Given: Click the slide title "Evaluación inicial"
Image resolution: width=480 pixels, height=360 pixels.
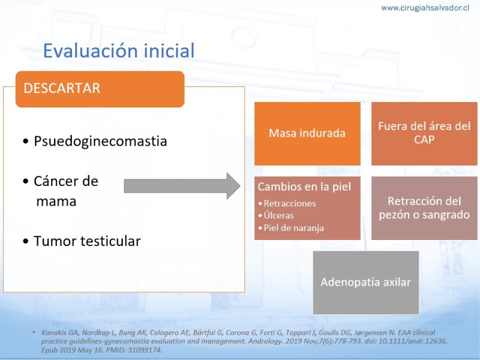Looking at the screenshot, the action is pos(119,50).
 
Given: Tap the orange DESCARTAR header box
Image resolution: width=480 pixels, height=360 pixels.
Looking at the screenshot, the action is pos(100,89).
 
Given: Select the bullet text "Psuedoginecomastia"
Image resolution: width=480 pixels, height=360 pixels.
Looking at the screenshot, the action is pos(100,142).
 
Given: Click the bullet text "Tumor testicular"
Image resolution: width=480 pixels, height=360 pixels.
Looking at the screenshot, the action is pos(87,241).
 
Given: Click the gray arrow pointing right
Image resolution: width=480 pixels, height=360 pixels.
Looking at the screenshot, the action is pos(182,186).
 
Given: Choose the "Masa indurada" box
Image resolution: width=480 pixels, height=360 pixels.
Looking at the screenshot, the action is pos(307,133).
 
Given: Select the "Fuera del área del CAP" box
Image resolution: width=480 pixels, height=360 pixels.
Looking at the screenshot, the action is pos(424,133).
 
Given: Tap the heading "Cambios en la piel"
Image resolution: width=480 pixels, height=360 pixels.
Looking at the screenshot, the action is pos(304,187).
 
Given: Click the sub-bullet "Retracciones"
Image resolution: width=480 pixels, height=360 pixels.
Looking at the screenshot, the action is pos(290,203).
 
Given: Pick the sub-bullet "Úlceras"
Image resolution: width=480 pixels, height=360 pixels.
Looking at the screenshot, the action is pos(278,215).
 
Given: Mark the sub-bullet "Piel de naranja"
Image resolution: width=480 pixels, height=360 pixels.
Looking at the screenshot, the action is pos(293,228).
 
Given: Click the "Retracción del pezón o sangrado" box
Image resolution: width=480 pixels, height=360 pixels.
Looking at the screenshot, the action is pos(424,208).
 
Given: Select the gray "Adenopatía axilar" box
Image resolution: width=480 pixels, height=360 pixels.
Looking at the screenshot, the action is pos(366,283).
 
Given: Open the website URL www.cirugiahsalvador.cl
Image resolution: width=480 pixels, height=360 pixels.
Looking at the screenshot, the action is pos(425,8).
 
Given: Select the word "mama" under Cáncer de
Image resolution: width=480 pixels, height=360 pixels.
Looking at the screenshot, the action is pos(56,202).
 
